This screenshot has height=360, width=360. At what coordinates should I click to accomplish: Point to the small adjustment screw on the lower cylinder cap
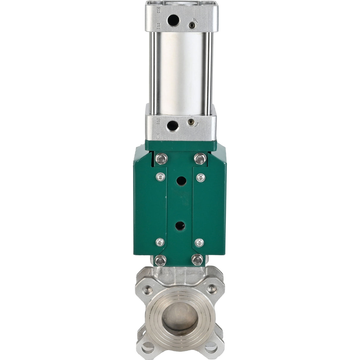coord(191,122)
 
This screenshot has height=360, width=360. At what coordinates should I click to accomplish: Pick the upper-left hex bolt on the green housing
coord(161,159)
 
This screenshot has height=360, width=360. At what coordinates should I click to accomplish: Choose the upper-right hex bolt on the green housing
coord(200,159)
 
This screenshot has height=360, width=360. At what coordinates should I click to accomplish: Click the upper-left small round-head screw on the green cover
coord(160,177)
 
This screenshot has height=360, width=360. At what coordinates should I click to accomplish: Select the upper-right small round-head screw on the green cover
coord(201,177)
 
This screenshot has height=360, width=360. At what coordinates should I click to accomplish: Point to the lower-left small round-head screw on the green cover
coord(160,243)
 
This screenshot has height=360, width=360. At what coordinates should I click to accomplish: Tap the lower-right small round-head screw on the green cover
coord(199,243)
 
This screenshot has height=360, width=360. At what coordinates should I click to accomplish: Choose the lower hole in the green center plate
coord(180,226)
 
